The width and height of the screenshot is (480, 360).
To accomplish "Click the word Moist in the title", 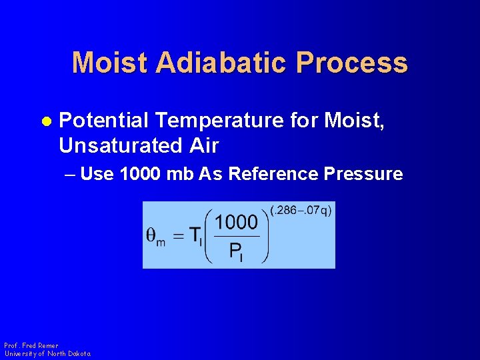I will [x=110, y=63].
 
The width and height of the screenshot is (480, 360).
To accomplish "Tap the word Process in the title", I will [x=352, y=63].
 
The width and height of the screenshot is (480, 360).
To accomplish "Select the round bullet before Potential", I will [x=47, y=121].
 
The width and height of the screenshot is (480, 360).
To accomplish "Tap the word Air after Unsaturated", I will [x=203, y=145].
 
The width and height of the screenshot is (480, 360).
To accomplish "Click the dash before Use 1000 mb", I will [x=71, y=175].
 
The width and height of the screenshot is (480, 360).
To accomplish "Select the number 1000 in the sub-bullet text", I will [x=141, y=174].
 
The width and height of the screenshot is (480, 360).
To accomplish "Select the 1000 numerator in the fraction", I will [x=236, y=222].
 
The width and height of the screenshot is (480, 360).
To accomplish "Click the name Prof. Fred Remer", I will [x=31, y=346].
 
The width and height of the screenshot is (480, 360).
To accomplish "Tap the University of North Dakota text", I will [x=47, y=354].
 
